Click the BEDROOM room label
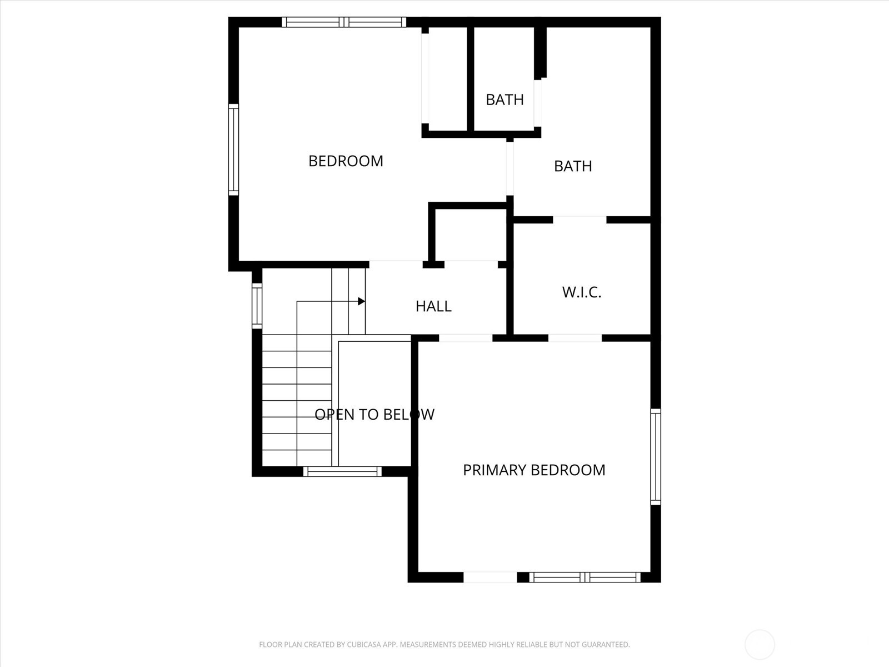click(x=346, y=161)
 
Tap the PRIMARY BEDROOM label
click(x=534, y=470)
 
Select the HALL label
click(x=433, y=306)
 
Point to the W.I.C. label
click(x=582, y=292)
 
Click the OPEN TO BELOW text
click(x=374, y=415)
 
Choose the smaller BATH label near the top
click(x=505, y=99)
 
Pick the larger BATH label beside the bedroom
click(x=573, y=166)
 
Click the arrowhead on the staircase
click(x=361, y=301)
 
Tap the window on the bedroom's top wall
click(x=344, y=22)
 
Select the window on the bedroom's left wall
click(x=234, y=150)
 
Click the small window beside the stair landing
click(x=257, y=305)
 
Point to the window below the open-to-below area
click(x=342, y=472)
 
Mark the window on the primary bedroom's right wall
click(x=656, y=457)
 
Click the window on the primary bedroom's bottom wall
click(x=584, y=578)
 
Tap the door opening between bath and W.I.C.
click(x=580, y=220)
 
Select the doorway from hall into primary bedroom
click(x=466, y=338)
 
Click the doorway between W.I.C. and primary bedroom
click(x=575, y=338)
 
